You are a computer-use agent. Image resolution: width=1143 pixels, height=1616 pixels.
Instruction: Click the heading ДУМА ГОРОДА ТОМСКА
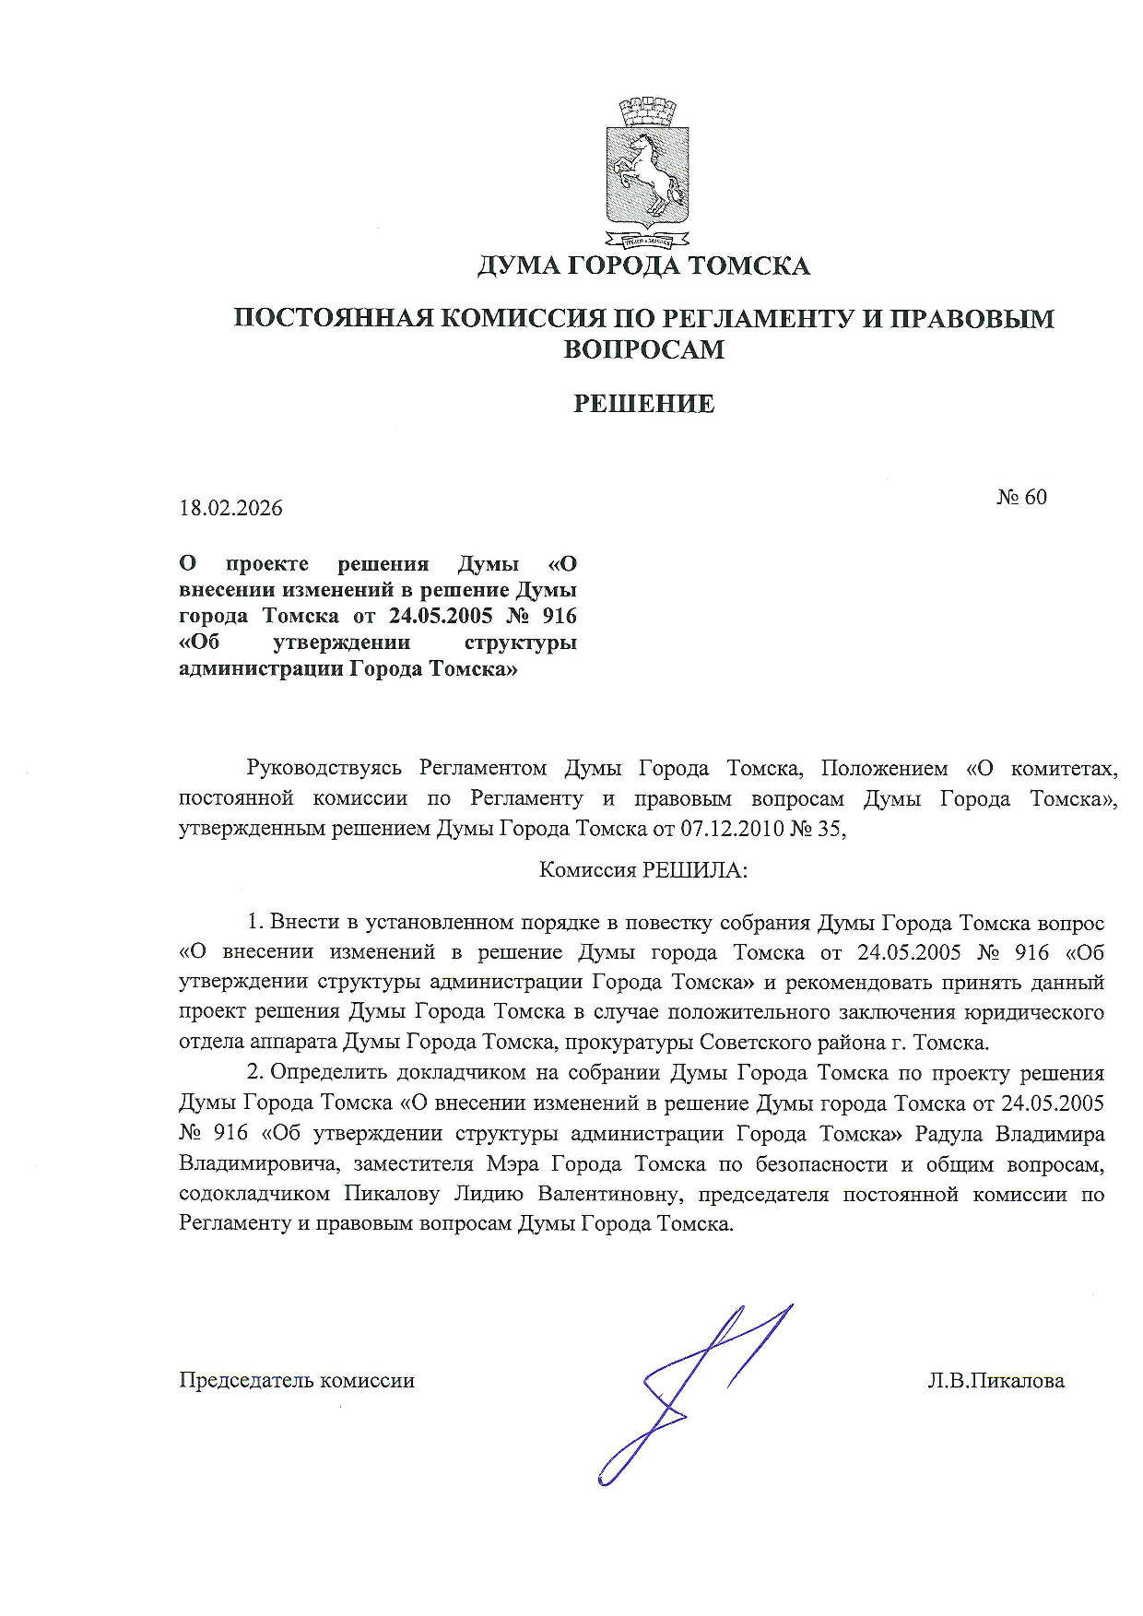tap(643, 266)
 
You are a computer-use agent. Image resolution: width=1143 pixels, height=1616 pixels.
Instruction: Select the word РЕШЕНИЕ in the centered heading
tap(643, 404)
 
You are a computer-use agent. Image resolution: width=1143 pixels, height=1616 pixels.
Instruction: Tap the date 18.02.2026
tap(230, 508)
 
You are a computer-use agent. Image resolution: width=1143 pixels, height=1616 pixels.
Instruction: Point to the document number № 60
tap(1021, 497)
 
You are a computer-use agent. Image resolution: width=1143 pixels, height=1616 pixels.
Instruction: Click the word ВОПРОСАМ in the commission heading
tap(643, 349)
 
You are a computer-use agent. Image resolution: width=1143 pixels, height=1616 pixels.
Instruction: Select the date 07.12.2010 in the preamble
tap(730, 829)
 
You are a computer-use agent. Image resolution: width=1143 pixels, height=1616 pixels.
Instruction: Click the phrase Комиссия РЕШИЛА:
tap(643, 870)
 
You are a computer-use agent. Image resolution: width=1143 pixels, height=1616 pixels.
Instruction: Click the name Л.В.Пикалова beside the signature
tap(996, 1381)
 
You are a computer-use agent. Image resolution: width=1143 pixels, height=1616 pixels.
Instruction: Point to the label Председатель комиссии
tap(297, 1381)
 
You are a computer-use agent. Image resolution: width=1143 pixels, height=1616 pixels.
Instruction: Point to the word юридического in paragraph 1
tap(1033, 1012)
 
